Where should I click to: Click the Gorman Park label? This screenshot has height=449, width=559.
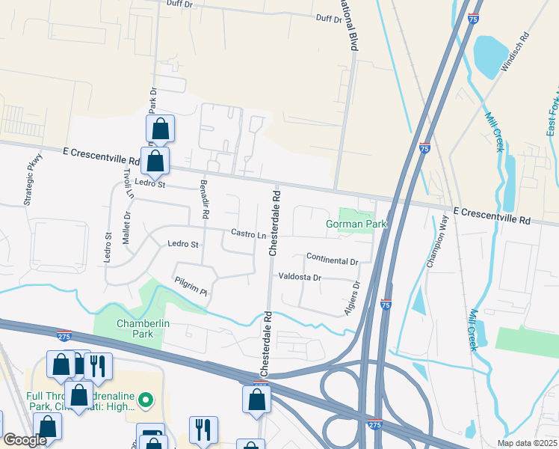pos(348,224)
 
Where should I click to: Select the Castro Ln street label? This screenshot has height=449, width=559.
pos(249,235)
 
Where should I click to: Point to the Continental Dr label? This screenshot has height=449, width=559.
pos(333,258)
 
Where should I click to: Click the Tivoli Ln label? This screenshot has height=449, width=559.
pos(129,183)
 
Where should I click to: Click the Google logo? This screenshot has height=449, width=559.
pos(25,441)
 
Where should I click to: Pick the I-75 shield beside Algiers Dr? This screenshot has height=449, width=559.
pos(386,305)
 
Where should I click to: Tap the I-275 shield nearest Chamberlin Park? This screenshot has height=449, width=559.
pos(64,335)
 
